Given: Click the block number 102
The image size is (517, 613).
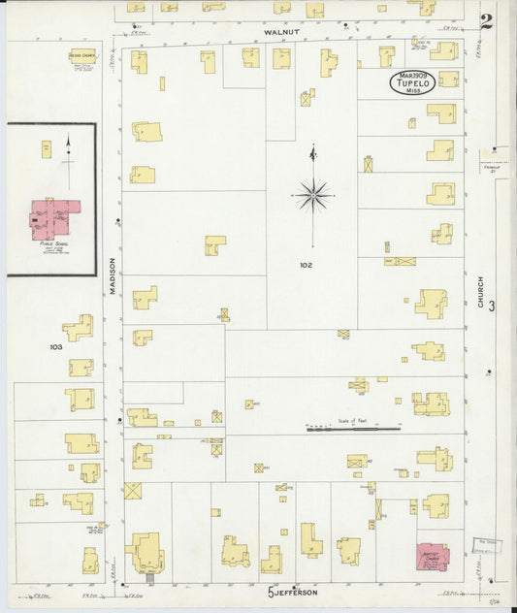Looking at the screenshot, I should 306,264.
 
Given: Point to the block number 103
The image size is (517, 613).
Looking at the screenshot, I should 55,345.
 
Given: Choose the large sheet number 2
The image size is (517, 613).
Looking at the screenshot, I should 486,20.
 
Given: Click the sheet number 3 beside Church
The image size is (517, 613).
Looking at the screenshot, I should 493,306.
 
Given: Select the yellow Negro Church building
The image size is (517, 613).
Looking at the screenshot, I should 82,55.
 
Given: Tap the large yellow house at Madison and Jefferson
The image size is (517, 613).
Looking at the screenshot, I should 147,552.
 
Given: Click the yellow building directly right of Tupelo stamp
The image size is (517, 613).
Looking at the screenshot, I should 447,80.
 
